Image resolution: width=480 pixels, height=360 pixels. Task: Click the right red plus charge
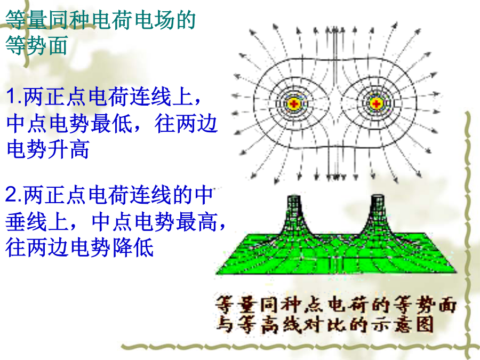[376, 104]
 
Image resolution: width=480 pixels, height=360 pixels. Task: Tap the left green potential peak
[293, 214]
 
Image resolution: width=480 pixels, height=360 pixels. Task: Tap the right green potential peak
[377, 214]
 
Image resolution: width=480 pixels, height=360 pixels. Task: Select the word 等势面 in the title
[36, 45]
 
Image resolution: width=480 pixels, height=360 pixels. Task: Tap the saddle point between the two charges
[335, 104]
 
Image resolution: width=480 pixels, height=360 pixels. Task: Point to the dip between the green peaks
[335, 237]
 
